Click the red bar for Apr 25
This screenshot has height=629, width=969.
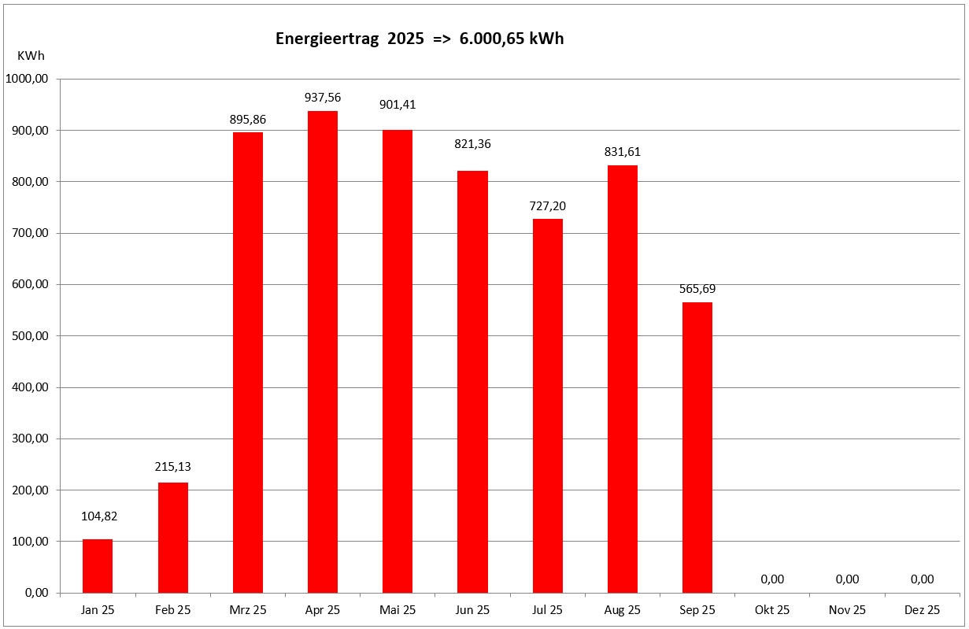tap(323, 352)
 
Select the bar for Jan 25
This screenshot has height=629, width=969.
tap(98, 566)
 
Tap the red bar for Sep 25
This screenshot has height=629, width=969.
tap(697, 447)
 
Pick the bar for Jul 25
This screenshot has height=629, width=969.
tap(548, 405)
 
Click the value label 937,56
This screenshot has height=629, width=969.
tap(323, 98)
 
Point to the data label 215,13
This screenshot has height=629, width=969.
tap(172, 467)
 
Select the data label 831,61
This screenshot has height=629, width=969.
tap(623, 152)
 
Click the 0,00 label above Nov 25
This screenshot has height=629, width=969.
tap(847, 579)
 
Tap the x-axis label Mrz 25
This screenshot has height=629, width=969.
tap(248, 610)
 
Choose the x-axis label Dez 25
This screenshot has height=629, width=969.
tap(923, 610)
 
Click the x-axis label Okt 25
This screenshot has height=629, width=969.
tap(772, 610)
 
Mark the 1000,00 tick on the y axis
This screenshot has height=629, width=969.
tap(28, 79)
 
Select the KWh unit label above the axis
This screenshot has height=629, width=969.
tap(31, 56)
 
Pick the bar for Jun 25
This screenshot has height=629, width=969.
tap(472, 382)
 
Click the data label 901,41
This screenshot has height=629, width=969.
tap(398, 105)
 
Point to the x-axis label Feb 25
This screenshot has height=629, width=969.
tap(172, 610)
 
